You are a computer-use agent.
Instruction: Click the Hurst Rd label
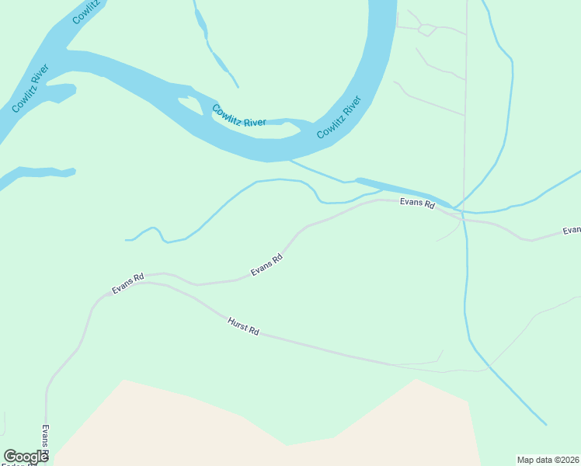pyautogui.click(x=243, y=326)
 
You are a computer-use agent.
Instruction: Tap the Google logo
pyautogui.click(x=26, y=457)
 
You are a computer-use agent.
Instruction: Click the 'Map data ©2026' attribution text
pyautogui.click(x=547, y=459)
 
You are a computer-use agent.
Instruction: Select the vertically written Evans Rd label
pyautogui.click(x=46, y=441)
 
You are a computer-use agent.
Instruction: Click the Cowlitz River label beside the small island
pyautogui.click(x=238, y=116)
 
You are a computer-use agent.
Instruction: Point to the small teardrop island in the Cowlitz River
pyautogui.click(x=189, y=102)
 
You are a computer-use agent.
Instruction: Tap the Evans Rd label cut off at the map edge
pyautogui.click(x=572, y=231)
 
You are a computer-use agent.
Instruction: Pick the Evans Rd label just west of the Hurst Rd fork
pyautogui.click(x=128, y=283)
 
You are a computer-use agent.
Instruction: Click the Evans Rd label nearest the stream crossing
pyautogui.click(x=416, y=203)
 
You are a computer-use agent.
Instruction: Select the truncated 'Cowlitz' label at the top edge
pyautogui.click(x=86, y=12)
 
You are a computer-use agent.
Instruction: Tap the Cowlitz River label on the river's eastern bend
pyautogui.click(x=339, y=117)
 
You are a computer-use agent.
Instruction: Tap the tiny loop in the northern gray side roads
pyautogui.click(x=426, y=30)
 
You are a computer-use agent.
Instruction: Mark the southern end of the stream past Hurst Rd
pyautogui.click(x=545, y=424)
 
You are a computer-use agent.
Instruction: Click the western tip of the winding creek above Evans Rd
pyautogui.click(x=127, y=240)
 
